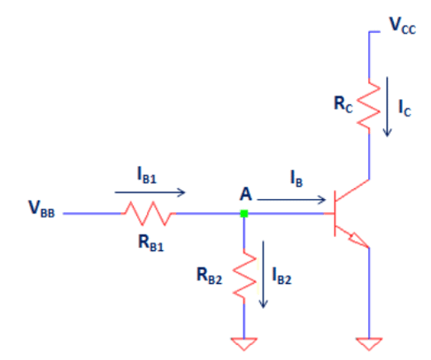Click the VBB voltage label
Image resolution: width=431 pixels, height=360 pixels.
pyautogui.click(x=42, y=209)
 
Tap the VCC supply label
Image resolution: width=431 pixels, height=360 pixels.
pyautogui.click(x=402, y=26)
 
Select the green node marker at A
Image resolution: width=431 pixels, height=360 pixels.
pyautogui.click(x=244, y=214)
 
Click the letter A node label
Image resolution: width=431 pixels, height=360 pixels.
pyautogui.click(x=245, y=194)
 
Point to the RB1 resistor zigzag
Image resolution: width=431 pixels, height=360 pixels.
pyautogui.click(x=148, y=214)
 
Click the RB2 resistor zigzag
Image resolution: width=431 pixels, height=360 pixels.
pyautogui.click(x=244, y=276)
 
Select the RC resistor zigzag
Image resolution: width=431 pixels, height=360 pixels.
pyautogui.click(x=369, y=106)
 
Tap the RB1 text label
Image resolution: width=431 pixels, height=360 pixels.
pyautogui.click(x=151, y=244)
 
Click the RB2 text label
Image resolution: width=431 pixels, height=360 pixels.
pyautogui.click(x=209, y=276)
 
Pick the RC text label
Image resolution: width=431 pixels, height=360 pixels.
pyautogui.click(x=343, y=104)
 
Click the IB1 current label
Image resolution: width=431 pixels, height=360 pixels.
pyautogui.click(x=147, y=175)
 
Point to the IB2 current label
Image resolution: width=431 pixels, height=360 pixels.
pyautogui.click(x=282, y=276)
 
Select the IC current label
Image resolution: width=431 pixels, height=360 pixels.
pyautogui.click(x=405, y=108)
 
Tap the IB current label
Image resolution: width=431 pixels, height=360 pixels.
pyautogui.click(x=296, y=178)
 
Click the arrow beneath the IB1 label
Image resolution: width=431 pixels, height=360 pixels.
pyautogui.click(x=150, y=192)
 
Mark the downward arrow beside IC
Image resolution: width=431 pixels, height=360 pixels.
pyautogui.click(x=387, y=107)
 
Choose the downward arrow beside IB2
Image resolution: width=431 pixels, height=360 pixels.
pyautogui.click(x=263, y=274)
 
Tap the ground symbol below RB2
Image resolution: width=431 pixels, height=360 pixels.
pyautogui.click(x=244, y=344)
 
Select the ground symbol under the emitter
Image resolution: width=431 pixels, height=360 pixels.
pyautogui.click(x=369, y=344)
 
